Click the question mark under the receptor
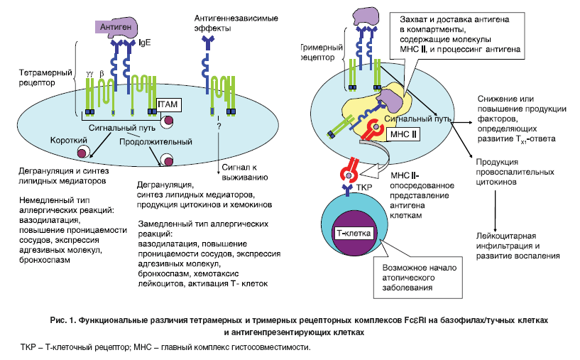tap(219, 125)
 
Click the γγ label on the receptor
tap(89, 72)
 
